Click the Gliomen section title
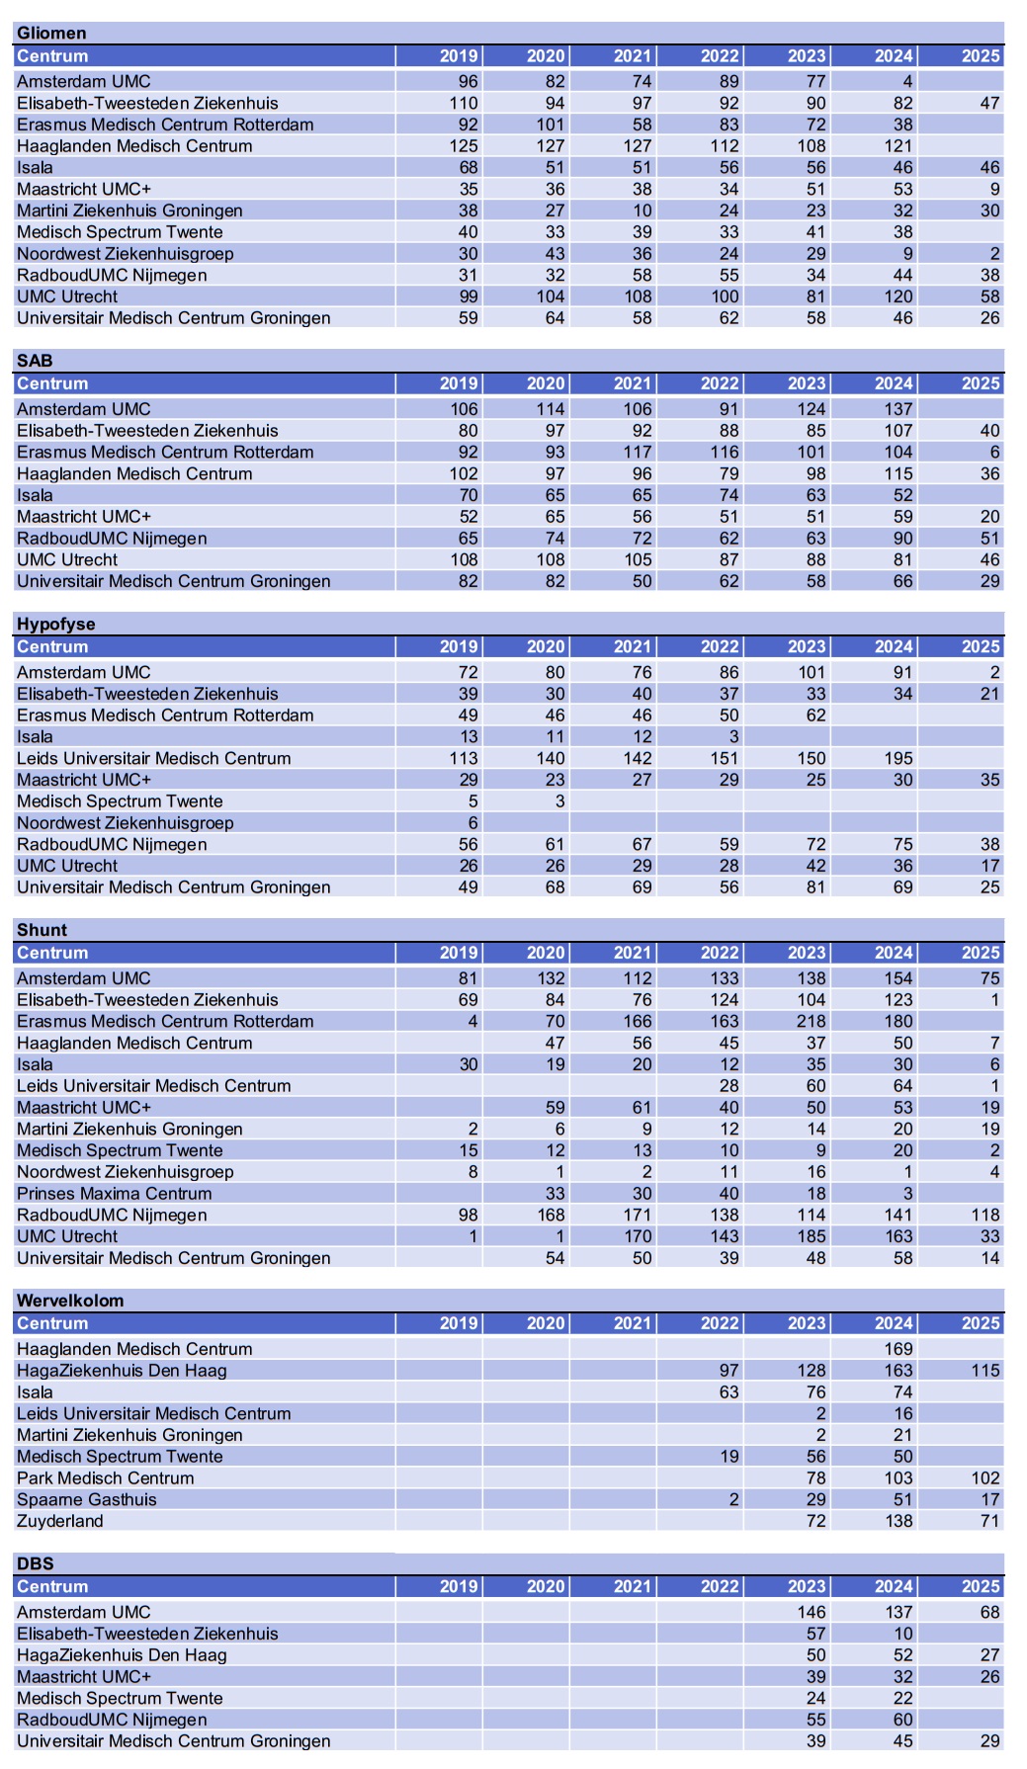[x=51, y=34]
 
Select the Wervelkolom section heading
[x=70, y=1301]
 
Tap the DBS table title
[x=36, y=1563]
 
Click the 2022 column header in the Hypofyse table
[x=720, y=647]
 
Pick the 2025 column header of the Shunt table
[x=981, y=954]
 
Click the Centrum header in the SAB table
[x=52, y=384]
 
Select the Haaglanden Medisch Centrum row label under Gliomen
[x=134, y=146]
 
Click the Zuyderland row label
[x=60, y=1521]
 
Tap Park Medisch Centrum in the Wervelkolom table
[x=106, y=1478]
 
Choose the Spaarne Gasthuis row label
[x=87, y=1500]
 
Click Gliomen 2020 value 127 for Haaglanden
[x=550, y=146]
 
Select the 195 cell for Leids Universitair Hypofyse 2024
[x=898, y=759]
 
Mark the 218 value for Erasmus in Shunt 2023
[x=811, y=1022]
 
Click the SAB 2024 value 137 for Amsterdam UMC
[x=898, y=409]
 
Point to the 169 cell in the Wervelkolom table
[x=898, y=1349]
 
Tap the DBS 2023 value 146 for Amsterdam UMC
[x=811, y=1612]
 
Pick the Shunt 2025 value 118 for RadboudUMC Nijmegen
[x=984, y=1216]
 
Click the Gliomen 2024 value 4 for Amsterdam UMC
[x=906, y=82]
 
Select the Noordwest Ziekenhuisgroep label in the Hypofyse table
[x=126, y=823]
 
